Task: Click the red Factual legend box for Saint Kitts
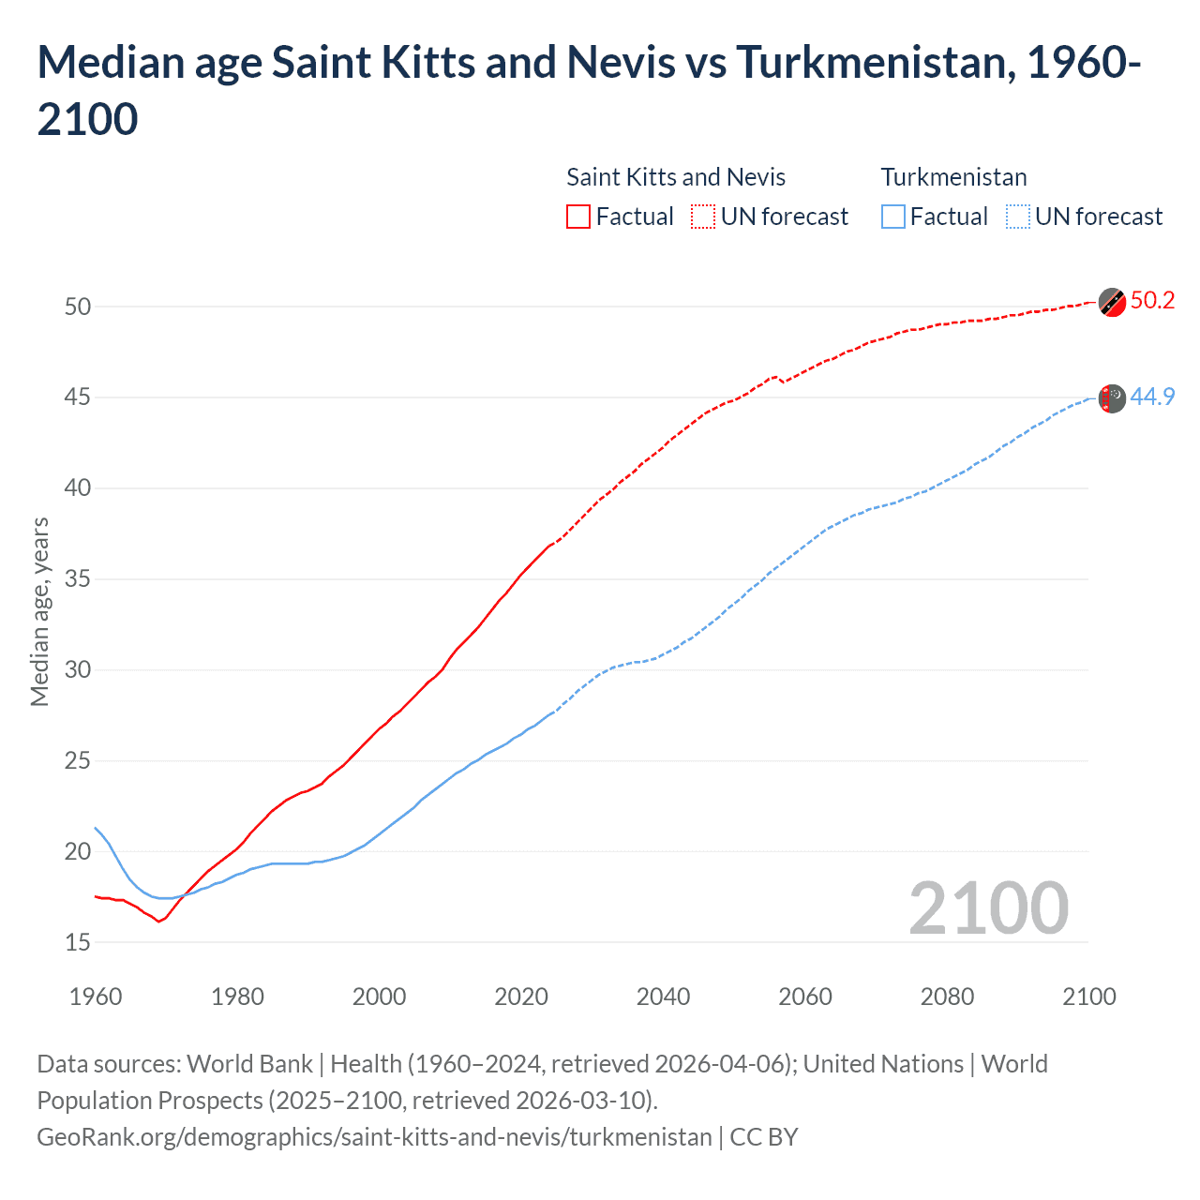click(x=578, y=217)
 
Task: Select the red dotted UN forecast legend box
click(x=703, y=217)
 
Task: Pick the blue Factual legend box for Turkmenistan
click(x=893, y=217)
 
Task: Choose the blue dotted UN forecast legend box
click(x=1018, y=217)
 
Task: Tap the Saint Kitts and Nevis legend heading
click(x=675, y=177)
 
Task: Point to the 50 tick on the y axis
click(x=78, y=307)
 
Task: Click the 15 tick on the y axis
click(x=78, y=942)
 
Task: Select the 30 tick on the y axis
click(x=78, y=669)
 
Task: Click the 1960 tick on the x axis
click(x=96, y=997)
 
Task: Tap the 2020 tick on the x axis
click(x=521, y=997)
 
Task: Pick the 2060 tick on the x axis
click(x=805, y=997)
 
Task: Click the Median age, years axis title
click(x=39, y=611)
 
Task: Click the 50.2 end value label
click(x=1152, y=300)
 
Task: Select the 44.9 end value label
click(x=1152, y=397)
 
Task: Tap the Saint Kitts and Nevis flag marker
click(x=1112, y=303)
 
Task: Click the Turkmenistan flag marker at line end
click(x=1112, y=398)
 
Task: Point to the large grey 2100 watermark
click(x=988, y=907)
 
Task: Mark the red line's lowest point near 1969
click(x=158, y=922)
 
